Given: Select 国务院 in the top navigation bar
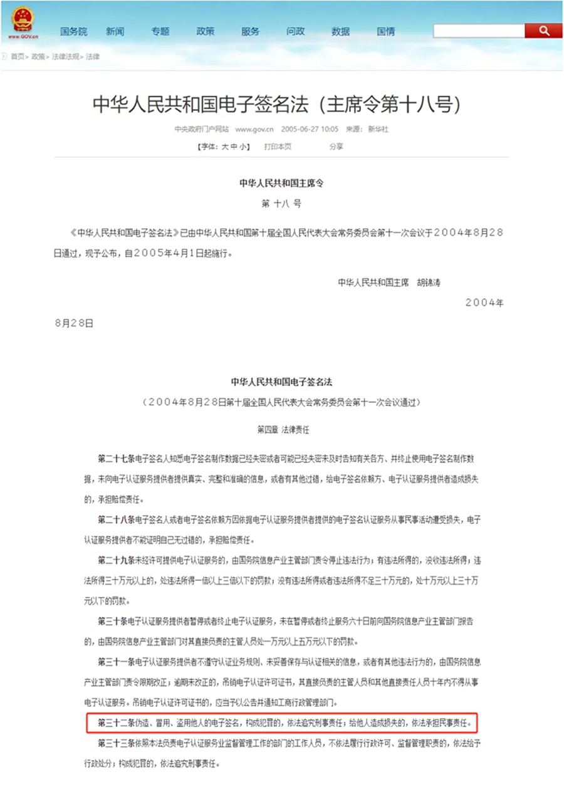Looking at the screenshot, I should click(73, 31).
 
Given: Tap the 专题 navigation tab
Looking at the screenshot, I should click(160, 31).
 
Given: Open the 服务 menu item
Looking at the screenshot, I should click(250, 31).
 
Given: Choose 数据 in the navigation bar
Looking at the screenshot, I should click(340, 31).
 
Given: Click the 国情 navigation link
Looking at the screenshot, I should click(385, 31).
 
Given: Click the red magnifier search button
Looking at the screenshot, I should click(543, 30).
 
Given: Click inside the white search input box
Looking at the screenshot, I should click(478, 30).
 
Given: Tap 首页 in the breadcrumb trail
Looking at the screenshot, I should click(18, 56).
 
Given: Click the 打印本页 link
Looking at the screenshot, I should click(278, 146).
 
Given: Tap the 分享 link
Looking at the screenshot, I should click(336, 146).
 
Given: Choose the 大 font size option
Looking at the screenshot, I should click(224, 146).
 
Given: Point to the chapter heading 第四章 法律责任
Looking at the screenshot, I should click(283, 430).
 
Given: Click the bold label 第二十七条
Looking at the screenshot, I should click(116, 459).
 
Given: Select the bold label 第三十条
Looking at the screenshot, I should click(112, 621).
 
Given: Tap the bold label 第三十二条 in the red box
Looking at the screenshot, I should click(116, 724).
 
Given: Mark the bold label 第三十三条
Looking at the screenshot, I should click(116, 743).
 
